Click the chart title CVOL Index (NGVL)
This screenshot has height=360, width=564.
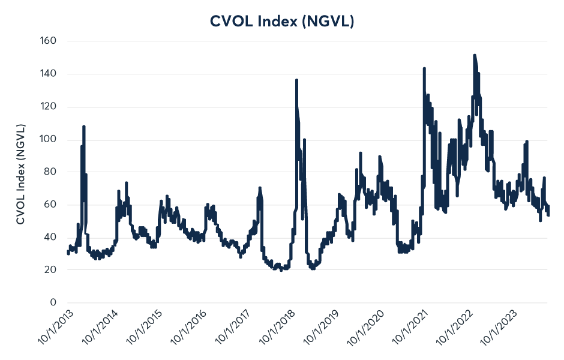pyautogui.click(x=282, y=21)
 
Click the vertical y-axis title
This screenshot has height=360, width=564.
pyautogui.click(x=20, y=175)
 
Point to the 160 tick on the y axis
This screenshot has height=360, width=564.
pyautogui.click(x=48, y=41)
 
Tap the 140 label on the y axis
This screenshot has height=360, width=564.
pyautogui.click(x=48, y=74)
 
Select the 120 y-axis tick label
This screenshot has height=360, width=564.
pyautogui.click(x=48, y=107)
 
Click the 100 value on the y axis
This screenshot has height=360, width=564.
pyautogui.click(x=48, y=139)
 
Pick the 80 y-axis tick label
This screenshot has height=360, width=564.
pyautogui.click(x=50, y=172)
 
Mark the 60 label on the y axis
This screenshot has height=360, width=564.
pyautogui.click(x=50, y=205)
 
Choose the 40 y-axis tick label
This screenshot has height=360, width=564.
pyautogui.click(x=50, y=238)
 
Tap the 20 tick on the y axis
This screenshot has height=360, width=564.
pyautogui.click(x=50, y=270)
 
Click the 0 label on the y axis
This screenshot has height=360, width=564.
pyautogui.click(x=53, y=303)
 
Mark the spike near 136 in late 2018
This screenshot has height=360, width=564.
pyautogui.click(x=296, y=80)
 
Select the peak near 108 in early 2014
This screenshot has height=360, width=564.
pyautogui.click(x=84, y=127)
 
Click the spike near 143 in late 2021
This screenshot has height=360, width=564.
pyautogui.click(x=424, y=68)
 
